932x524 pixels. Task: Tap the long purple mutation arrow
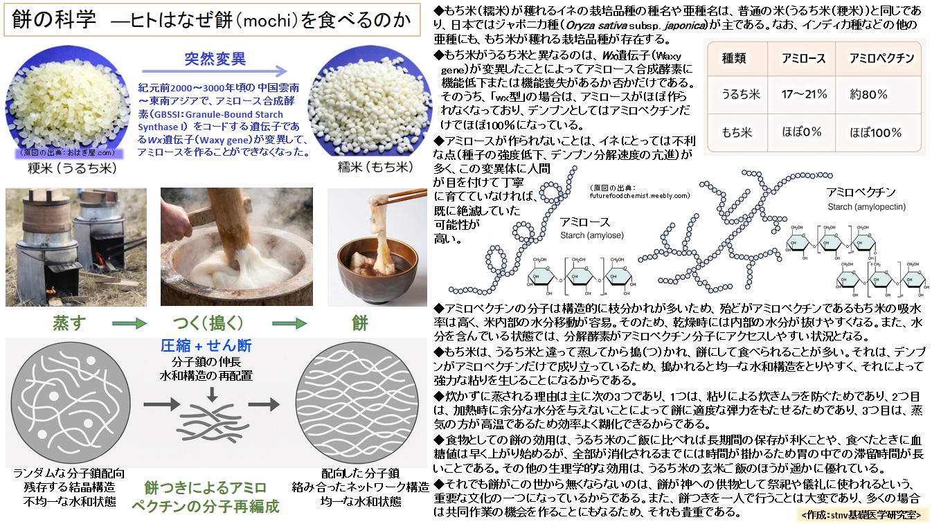[215, 71]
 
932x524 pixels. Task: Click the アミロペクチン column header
[876, 58]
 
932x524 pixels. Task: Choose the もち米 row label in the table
[736, 132]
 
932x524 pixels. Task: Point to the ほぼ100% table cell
[876, 132]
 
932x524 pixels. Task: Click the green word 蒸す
[70, 323]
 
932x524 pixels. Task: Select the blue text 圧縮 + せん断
[206, 345]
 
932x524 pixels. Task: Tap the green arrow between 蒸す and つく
[129, 323]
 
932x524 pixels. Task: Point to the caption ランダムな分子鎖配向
[69, 474]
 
